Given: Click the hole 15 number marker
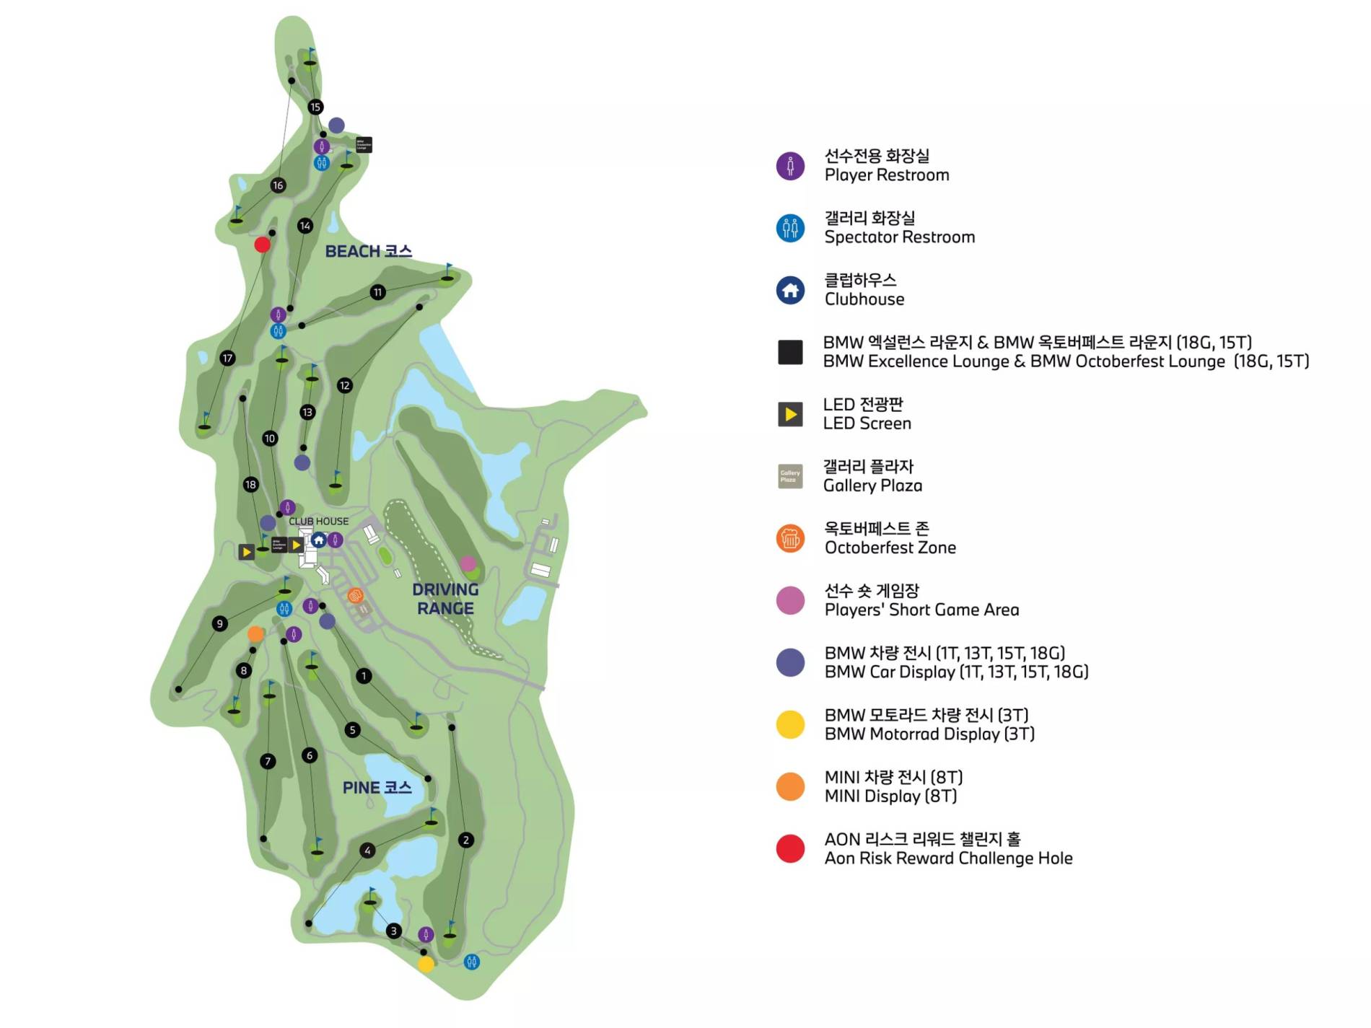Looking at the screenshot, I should click(315, 107).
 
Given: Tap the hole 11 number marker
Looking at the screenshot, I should click(377, 292).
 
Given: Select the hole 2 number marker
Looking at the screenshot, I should click(466, 840).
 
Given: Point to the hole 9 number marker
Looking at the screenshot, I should click(220, 623).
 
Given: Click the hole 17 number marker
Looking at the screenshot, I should click(227, 358).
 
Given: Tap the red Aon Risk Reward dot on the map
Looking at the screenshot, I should click(263, 245).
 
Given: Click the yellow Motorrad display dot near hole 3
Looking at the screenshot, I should click(426, 965).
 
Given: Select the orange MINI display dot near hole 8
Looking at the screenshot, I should click(255, 634).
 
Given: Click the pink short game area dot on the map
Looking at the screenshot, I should click(468, 563).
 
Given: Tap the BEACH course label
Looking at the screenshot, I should click(368, 251).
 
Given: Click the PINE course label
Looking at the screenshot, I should click(377, 787).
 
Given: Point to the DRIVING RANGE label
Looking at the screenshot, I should click(445, 599).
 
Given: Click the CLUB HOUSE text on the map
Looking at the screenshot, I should click(318, 521).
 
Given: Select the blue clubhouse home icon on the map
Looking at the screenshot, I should click(318, 540).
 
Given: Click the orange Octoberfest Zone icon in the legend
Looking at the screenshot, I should click(790, 538).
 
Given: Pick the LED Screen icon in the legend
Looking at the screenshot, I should click(790, 414).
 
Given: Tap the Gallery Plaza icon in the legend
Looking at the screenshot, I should click(790, 476).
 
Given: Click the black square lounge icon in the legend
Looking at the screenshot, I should click(790, 352).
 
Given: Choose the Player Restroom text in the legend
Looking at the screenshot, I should click(887, 175).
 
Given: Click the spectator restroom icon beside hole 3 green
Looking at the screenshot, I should click(471, 962).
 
